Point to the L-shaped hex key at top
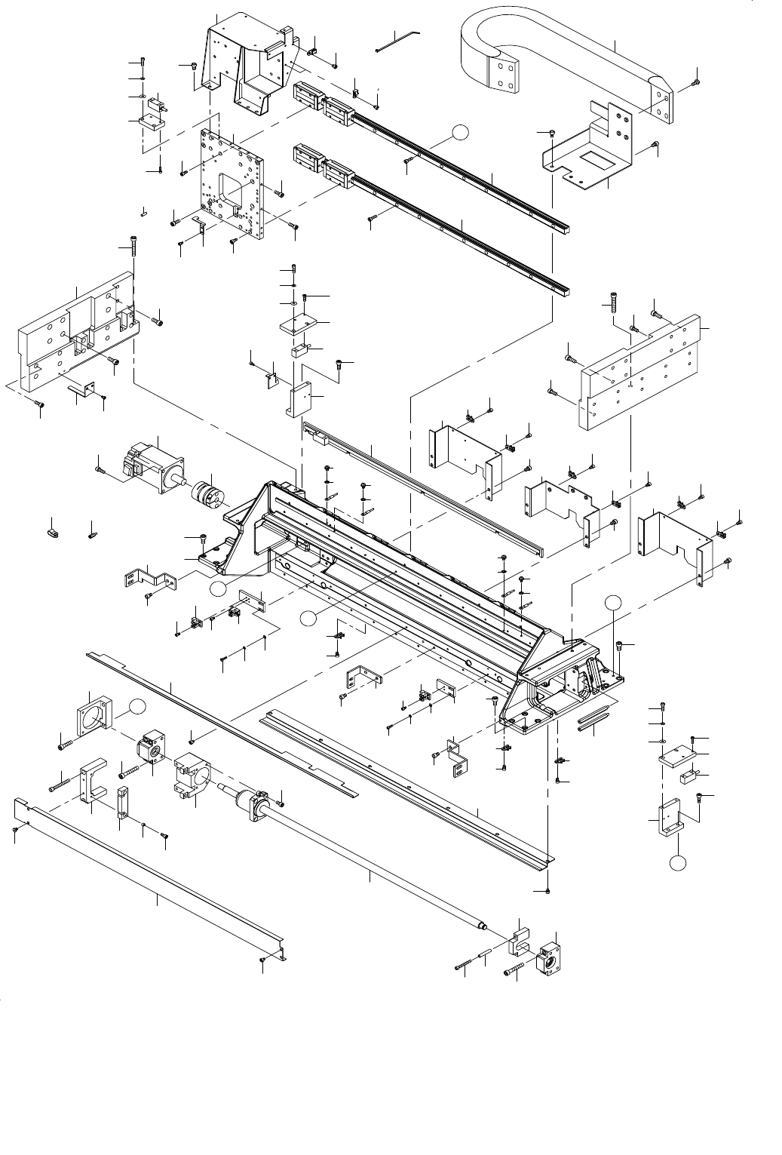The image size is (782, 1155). pyautogui.click(x=400, y=41)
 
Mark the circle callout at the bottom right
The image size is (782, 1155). pyautogui.click(x=679, y=861)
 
